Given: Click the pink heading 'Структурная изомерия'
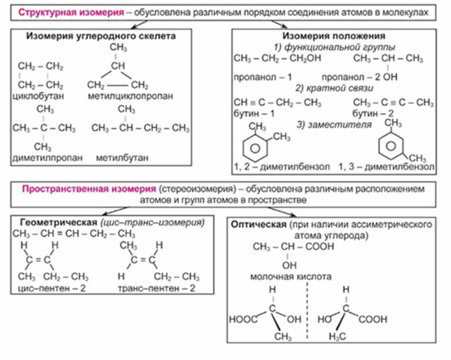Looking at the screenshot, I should (x=66, y=12).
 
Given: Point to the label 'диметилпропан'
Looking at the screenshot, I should (x=47, y=158).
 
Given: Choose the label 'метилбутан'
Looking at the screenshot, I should (x=122, y=158).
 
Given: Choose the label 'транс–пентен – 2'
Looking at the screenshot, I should (x=157, y=288).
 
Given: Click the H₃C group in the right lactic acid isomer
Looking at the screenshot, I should (x=337, y=337).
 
